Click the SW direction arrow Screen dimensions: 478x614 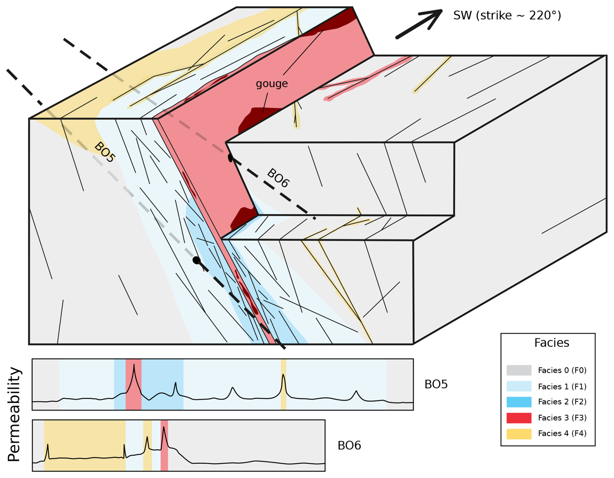click(x=419, y=24)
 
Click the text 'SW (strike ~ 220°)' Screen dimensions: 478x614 click(x=507, y=15)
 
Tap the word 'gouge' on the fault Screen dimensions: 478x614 click(x=272, y=84)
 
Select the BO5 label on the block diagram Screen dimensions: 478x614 click(x=104, y=152)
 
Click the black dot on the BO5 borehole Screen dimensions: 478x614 click(x=196, y=260)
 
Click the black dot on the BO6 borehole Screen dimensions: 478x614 click(x=230, y=158)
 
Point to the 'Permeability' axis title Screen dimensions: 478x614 click(x=14, y=414)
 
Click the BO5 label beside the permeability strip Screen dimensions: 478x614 click(x=436, y=384)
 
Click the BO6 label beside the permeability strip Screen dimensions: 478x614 click(x=349, y=446)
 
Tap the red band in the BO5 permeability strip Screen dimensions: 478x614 click(x=133, y=384)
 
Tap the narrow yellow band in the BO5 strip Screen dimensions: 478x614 click(x=283, y=384)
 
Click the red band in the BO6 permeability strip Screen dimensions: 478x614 click(x=164, y=445)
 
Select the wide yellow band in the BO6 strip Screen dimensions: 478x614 click(x=85, y=445)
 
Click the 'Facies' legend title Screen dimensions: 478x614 click(x=551, y=343)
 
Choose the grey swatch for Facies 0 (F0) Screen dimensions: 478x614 click(x=519, y=370)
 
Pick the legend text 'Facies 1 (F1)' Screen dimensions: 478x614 click(x=562, y=386)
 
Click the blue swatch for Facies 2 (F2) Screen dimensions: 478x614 click(x=519, y=402)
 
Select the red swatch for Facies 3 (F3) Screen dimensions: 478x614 click(x=519, y=418)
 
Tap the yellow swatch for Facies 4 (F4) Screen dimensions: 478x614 click(x=519, y=434)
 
